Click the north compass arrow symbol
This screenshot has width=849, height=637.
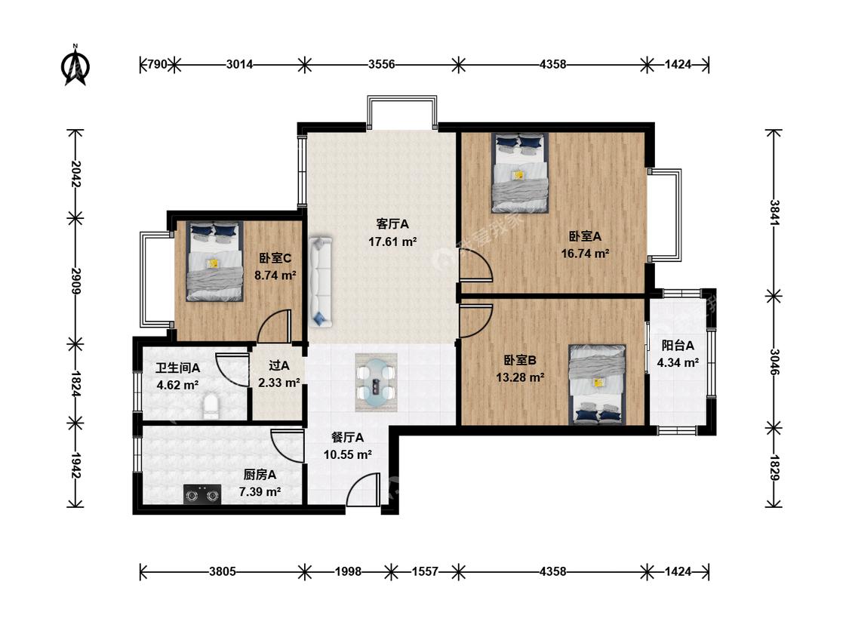[75, 66]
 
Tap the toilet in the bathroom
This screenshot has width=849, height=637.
[212, 407]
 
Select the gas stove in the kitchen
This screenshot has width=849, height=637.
[202, 494]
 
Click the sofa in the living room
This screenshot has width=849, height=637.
[321, 282]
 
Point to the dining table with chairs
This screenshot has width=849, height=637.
[377, 382]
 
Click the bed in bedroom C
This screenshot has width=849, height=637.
[214, 261]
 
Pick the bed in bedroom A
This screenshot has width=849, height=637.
[520, 173]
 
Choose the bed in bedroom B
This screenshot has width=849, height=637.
[597, 385]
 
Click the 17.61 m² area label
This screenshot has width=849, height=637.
[392, 242]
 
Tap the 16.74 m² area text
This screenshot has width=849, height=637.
[586, 254]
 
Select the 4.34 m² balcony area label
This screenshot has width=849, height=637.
[678, 363]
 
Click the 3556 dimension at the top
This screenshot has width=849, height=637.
[382, 64]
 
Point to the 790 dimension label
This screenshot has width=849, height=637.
[157, 64]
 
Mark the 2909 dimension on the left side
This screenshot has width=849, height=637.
[75, 281]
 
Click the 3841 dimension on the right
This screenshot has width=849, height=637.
[774, 214]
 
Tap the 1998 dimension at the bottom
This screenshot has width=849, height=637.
[348, 571]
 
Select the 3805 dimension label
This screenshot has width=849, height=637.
[223, 571]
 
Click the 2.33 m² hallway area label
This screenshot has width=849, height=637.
[278, 383]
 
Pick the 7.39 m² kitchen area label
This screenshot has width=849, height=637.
[260, 492]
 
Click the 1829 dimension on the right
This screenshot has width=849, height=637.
[774, 468]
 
